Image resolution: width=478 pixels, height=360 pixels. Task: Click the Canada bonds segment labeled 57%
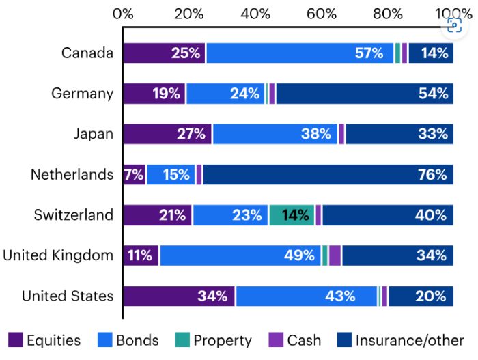(x=300, y=53)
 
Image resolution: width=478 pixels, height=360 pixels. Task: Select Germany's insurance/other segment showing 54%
(x=364, y=93)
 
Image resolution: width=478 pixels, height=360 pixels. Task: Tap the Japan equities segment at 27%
(x=167, y=134)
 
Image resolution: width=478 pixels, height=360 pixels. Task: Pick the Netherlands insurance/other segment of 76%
(x=328, y=174)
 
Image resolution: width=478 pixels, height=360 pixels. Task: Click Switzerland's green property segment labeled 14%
(x=292, y=215)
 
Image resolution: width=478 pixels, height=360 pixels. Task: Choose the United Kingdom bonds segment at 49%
(x=240, y=255)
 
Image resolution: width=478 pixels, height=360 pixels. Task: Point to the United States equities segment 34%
(x=179, y=296)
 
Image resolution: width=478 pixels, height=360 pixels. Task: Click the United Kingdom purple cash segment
(x=335, y=255)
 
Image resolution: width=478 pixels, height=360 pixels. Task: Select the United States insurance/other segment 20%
(x=421, y=296)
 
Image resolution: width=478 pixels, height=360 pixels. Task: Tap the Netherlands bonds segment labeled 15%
(x=171, y=174)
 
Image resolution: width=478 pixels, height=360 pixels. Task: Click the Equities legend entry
(x=45, y=340)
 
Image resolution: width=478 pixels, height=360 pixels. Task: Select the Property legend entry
(x=212, y=340)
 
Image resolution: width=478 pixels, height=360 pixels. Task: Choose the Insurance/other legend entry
(x=402, y=340)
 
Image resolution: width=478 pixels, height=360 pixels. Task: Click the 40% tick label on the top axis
(x=255, y=13)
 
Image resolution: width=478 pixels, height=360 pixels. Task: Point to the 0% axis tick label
(x=124, y=13)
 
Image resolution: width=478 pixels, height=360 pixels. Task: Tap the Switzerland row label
(x=73, y=215)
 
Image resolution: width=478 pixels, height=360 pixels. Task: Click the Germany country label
(x=82, y=94)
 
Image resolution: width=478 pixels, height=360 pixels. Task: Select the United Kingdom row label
(x=58, y=255)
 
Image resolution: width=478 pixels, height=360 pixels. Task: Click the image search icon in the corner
(x=454, y=25)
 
